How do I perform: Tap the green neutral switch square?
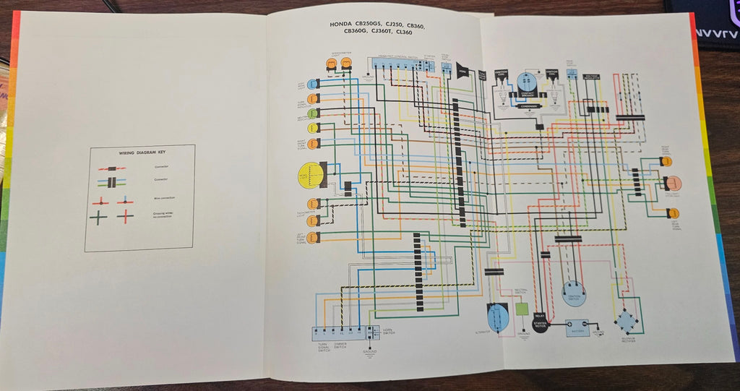click(x=522, y=309)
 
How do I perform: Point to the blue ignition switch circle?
click(x=575, y=293)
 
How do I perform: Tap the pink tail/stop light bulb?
click(x=674, y=183)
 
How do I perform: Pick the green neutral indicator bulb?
click(x=313, y=113)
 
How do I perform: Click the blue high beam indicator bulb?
click(x=313, y=85)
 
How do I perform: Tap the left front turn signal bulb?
click(x=314, y=238)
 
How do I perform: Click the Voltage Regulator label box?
click(x=593, y=74)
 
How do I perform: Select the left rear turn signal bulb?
click(x=674, y=213)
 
